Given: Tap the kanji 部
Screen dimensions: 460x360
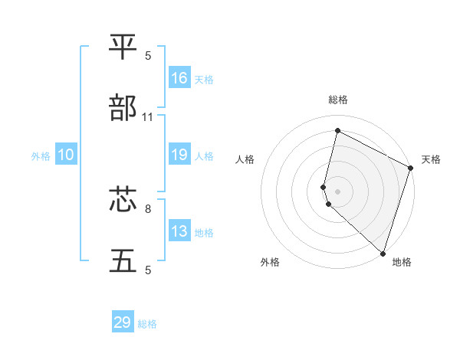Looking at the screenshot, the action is click(123, 109).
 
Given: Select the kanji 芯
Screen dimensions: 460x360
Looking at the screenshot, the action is click(123, 200).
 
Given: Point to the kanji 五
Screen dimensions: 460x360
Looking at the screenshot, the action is click(123, 261).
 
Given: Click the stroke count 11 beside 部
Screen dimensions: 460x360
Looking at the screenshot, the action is click(148, 117).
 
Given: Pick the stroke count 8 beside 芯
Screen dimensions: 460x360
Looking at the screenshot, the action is click(148, 208).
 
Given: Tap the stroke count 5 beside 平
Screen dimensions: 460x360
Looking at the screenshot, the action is click(148, 56).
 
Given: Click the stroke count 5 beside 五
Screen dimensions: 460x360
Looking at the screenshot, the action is click(148, 270).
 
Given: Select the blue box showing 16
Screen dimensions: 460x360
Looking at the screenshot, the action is click(179, 78).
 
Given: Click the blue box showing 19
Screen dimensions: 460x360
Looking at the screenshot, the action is click(179, 155).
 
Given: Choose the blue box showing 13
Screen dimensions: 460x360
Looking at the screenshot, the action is click(179, 231).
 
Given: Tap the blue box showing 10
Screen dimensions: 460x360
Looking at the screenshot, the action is click(66, 155).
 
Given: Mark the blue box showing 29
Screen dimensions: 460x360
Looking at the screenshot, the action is click(123, 322).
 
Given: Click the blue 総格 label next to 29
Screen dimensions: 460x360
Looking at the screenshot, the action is click(147, 324).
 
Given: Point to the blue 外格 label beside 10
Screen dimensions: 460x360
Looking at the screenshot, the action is click(41, 156).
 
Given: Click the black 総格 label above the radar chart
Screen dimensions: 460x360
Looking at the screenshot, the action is click(338, 100).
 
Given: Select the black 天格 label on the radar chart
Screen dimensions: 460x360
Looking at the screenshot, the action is click(431, 159).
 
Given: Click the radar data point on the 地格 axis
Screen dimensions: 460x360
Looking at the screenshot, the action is click(383, 252).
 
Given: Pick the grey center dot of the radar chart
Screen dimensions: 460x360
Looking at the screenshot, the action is click(338, 191).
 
